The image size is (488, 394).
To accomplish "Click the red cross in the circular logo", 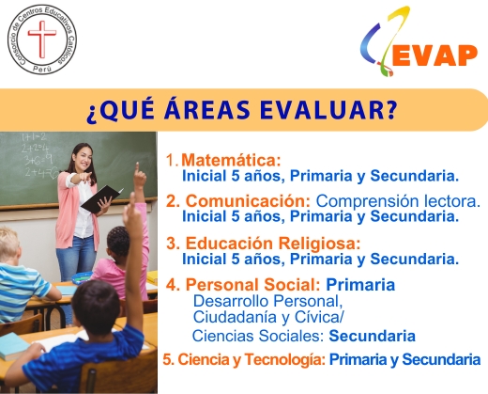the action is pyautogui.click(x=42, y=39).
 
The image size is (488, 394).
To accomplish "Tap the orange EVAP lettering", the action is pyautogui.click(x=435, y=55).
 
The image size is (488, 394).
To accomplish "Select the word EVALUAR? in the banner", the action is pyautogui.click(x=328, y=110).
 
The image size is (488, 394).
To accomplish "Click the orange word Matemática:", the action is pyautogui.click(x=231, y=160).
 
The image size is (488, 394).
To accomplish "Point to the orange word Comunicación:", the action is pyautogui.click(x=248, y=201).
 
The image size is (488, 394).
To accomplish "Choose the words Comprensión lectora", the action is pyautogui.click(x=398, y=201).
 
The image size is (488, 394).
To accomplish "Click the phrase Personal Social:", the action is pyautogui.click(x=252, y=285).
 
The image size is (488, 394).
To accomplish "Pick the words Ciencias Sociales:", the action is pyautogui.click(x=258, y=336).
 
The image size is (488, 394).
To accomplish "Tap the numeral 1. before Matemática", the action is pyautogui.click(x=172, y=160).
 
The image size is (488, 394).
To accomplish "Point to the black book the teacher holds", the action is pyautogui.click(x=101, y=198).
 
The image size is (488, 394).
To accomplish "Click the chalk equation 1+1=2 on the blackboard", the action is pyautogui.click(x=34, y=136).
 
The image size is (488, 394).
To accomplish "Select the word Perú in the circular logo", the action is pyautogui.click(x=42, y=70).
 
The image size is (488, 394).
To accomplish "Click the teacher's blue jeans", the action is pyautogui.click(x=76, y=258).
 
